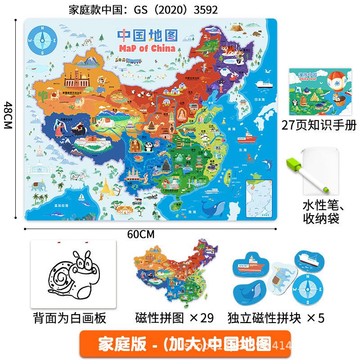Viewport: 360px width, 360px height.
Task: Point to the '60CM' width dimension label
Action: [x=140, y=234]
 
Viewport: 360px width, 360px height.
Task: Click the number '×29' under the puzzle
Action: [x=200, y=318]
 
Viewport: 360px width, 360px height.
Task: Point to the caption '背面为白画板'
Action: [x=70, y=318]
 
